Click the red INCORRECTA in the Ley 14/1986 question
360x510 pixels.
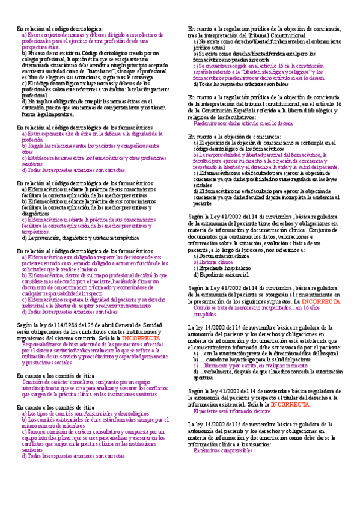tap(142, 339)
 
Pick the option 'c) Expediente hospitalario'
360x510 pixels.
tap(221, 268)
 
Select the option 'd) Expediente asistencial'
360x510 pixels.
tap(220, 275)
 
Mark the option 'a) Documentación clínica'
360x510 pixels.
tap(220, 256)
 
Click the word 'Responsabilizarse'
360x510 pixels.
tap(38, 345)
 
